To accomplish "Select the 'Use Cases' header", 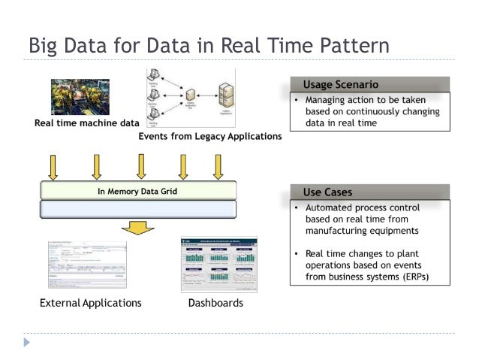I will (x=327, y=192).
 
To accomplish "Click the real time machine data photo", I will (x=80, y=97).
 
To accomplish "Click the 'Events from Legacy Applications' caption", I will (x=209, y=136).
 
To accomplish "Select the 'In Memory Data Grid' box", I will (x=138, y=190).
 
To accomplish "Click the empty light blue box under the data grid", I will (x=138, y=208).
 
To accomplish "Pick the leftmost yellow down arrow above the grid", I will (x=53, y=166).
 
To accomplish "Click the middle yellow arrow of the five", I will (x=140, y=166).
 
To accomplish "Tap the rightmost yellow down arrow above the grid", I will (x=218, y=166).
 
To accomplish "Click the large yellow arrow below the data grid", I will (x=137, y=226).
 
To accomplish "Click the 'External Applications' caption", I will (x=90, y=303).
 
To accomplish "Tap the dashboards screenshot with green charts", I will (x=218, y=265).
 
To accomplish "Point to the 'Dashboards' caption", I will (x=216, y=303).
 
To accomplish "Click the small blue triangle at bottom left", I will (x=28, y=342).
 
